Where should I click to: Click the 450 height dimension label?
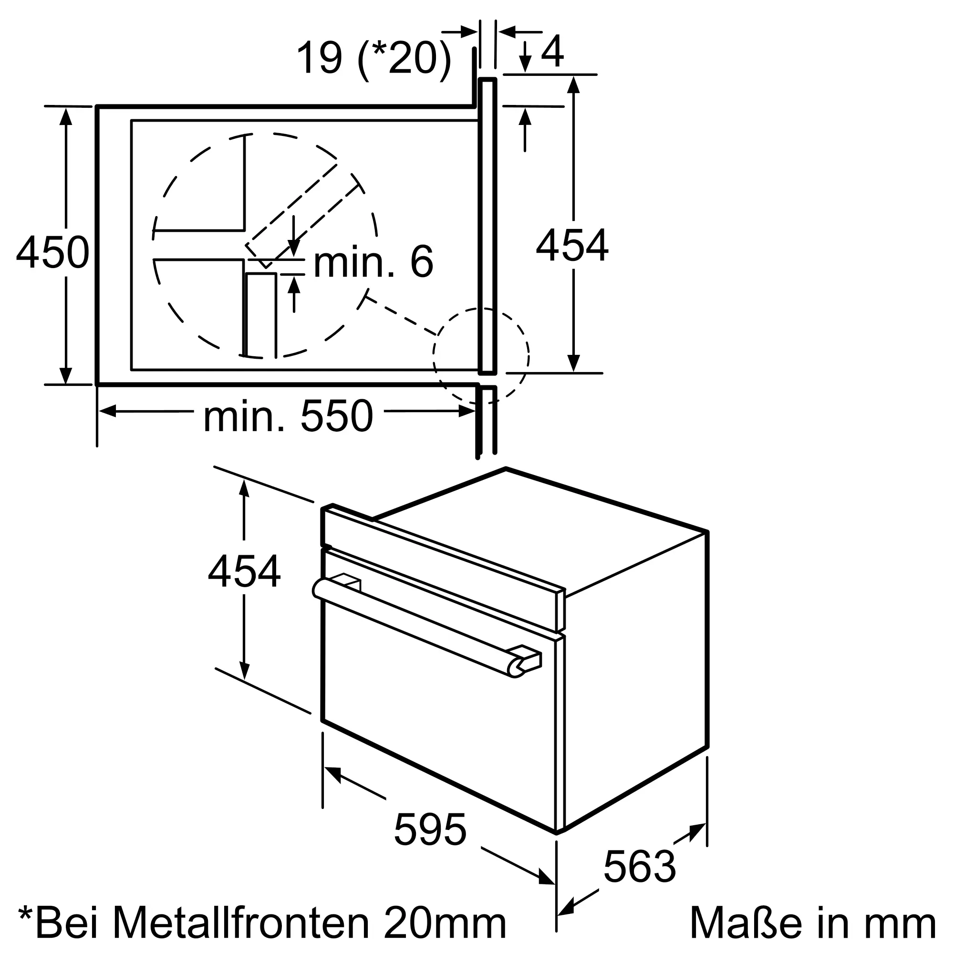[53, 252]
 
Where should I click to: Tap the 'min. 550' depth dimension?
[288, 416]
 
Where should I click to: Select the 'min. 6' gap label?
[373, 262]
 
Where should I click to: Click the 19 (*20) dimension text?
[374, 58]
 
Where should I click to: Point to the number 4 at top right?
[552, 51]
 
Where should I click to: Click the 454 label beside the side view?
[572, 245]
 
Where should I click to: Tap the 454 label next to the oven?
[244, 572]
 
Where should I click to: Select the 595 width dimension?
[430, 830]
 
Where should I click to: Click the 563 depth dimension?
[640, 866]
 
